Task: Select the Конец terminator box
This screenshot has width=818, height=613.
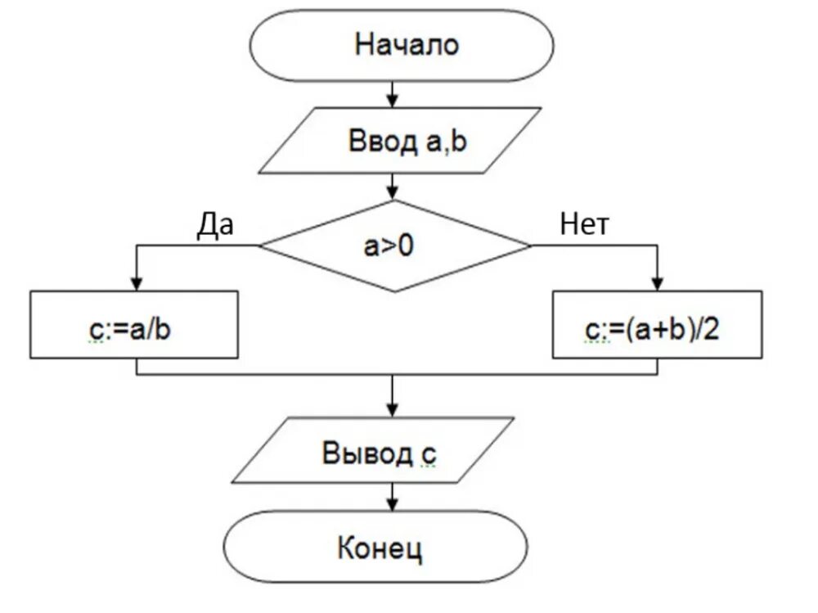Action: coord(379,548)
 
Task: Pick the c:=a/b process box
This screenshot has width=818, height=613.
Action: coord(134,325)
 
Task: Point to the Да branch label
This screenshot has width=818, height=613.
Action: coord(214,223)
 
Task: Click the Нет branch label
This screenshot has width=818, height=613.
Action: coord(584,223)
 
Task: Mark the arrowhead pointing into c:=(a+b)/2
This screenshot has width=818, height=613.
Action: coord(656,283)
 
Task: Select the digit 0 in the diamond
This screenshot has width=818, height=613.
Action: coord(406,245)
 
